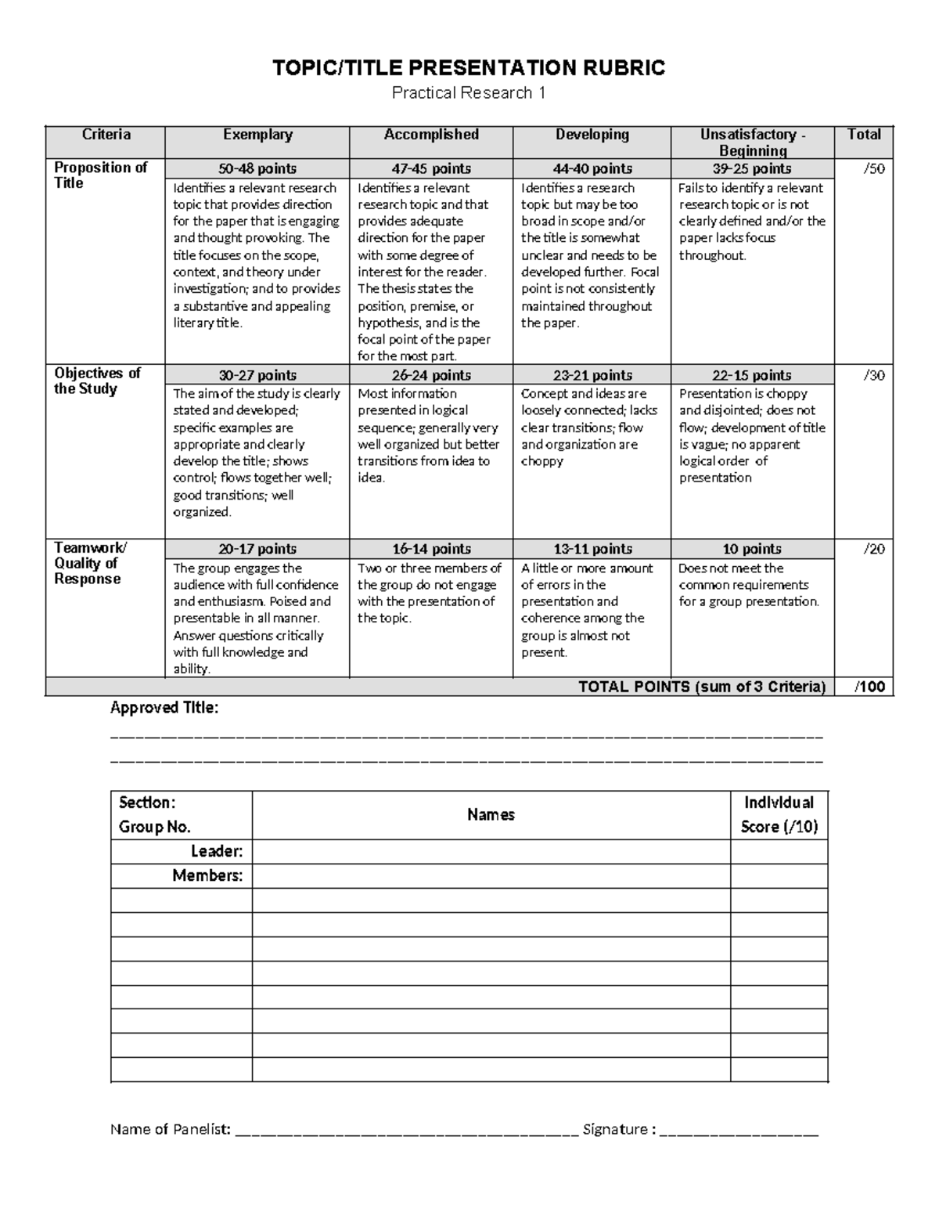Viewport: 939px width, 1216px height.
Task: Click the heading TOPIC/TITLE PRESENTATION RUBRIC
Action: (468, 68)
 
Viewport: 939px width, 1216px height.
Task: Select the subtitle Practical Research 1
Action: (468, 93)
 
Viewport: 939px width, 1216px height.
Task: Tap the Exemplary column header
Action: (257, 135)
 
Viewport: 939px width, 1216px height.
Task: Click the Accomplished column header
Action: (431, 135)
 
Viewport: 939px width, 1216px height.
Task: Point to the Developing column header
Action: (592, 135)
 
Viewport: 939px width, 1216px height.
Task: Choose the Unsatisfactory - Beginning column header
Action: (753, 143)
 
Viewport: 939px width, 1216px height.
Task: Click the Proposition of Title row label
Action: (100, 175)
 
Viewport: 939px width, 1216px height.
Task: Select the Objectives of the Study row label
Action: (97, 381)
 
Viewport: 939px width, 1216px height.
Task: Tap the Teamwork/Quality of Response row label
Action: (87, 563)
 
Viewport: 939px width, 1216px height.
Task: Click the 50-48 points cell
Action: (257, 168)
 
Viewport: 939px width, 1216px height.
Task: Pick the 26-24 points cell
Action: (431, 375)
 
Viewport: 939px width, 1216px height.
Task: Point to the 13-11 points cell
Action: (592, 549)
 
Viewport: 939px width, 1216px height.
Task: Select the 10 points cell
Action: (752, 549)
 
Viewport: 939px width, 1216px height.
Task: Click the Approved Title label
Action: (164, 708)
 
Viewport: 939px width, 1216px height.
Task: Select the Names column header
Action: (491, 814)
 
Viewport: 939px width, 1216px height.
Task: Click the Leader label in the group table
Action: (217, 851)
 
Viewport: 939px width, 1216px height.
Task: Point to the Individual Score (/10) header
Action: (779, 814)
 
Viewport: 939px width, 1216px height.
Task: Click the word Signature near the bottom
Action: (615, 1129)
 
